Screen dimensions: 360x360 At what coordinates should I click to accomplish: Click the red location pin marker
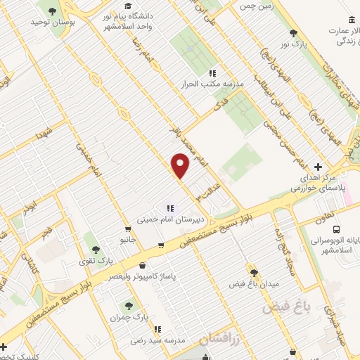pyautogui.click(x=181, y=166)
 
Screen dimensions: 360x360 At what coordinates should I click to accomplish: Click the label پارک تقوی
pyautogui.click(x=96, y=261)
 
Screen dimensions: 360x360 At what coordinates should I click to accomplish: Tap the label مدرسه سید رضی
pyautogui.click(x=157, y=340)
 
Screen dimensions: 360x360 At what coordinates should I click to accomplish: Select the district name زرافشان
pyautogui.click(x=215, y=339)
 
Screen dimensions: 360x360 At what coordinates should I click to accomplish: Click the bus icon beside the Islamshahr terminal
pyautogui.click(x=336, y=229)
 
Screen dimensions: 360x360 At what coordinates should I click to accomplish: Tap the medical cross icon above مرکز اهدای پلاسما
pyautogui.click(x=319, y=167)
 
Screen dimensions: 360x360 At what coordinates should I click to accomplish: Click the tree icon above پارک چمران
pyautogui.click(x=129, y=305)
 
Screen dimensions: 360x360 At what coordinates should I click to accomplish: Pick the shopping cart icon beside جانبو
pyautogui.click(x=127, y=229)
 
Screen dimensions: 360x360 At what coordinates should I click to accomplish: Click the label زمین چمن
pyautogui.click(x=256, y=6)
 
